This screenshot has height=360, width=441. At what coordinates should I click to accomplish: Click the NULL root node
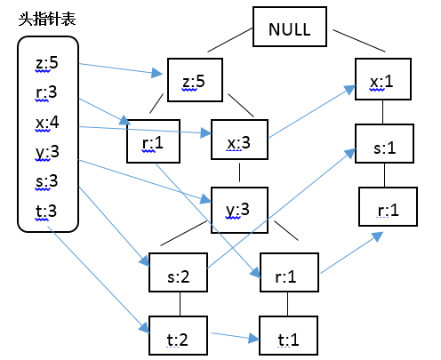pos(290,27)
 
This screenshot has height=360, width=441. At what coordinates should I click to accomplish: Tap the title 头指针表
pos(47,20)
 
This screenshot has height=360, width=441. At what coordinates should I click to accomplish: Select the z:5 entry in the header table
pos(47,63)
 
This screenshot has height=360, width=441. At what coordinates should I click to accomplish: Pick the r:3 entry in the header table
pos(46,92)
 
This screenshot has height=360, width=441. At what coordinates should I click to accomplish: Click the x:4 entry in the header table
pos(47,122)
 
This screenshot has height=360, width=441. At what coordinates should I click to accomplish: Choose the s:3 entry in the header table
pos(46,181)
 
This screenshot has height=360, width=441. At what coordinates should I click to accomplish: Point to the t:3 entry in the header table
pos(46,212)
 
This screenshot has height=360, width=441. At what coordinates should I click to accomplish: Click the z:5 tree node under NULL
pos(195,80)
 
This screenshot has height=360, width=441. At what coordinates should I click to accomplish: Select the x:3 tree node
pos(239,140)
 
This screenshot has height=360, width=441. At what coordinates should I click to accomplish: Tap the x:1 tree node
pos(383,79)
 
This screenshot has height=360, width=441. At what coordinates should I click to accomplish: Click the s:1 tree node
pos(384,144)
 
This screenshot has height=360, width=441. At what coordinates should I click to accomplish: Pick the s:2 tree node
pos(178,273)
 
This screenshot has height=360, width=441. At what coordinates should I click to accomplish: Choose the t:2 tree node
pos(178,335)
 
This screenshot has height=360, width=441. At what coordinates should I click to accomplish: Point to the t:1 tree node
pos(289,335)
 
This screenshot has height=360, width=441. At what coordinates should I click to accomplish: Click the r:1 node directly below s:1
pos(388,207)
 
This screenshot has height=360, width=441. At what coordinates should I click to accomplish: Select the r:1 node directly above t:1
pos(289,273)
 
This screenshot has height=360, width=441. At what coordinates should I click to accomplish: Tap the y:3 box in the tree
pos(239,210)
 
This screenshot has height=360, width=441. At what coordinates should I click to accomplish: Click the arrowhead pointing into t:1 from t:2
pos(254,338)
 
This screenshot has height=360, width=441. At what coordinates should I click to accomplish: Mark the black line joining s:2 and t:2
pos(180,304)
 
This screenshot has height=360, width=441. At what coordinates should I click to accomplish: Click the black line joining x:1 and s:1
pos(382,112)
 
